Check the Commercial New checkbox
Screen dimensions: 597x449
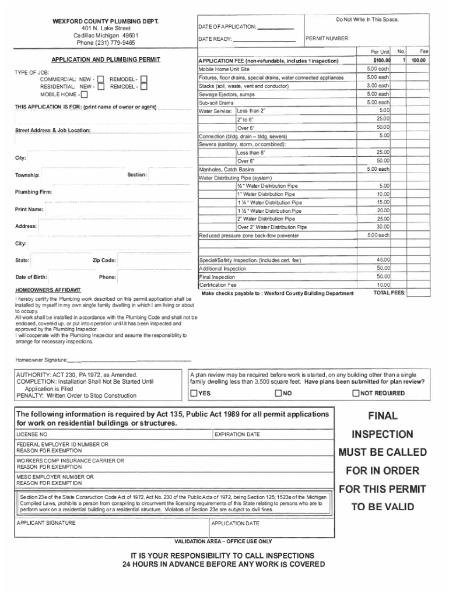pos(100,79)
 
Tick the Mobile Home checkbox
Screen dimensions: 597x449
pos(85,94)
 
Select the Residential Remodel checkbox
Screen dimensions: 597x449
pos(144,86)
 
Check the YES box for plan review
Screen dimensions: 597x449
pos(194,393)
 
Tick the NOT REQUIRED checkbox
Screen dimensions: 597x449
pos(356,393)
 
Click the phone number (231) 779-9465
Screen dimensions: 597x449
pos(106,43)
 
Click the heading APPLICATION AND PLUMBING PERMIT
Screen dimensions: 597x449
pos(106,59)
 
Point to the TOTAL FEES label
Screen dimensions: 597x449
pos(390,293)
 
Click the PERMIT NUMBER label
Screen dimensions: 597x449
pos(329,39)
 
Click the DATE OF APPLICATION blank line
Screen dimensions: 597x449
pos(275,27)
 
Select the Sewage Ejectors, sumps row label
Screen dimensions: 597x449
pos(227,94)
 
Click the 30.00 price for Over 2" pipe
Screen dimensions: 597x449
pos(383,227)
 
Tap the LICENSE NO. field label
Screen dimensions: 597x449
pos(33,435)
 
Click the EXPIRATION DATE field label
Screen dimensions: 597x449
pos(237,435)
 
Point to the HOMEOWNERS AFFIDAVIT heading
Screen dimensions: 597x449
pos(48,290)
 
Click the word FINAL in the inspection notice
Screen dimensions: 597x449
pos(383,416)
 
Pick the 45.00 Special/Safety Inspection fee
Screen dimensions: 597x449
pos(383,260)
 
